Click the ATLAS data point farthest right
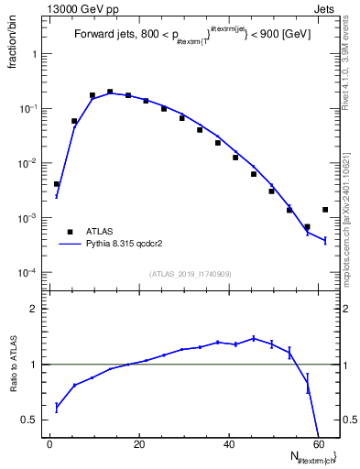[325, 210]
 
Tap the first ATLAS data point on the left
[57, 184]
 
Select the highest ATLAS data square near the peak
[110, 92]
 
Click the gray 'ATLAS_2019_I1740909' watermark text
[191, 274]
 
